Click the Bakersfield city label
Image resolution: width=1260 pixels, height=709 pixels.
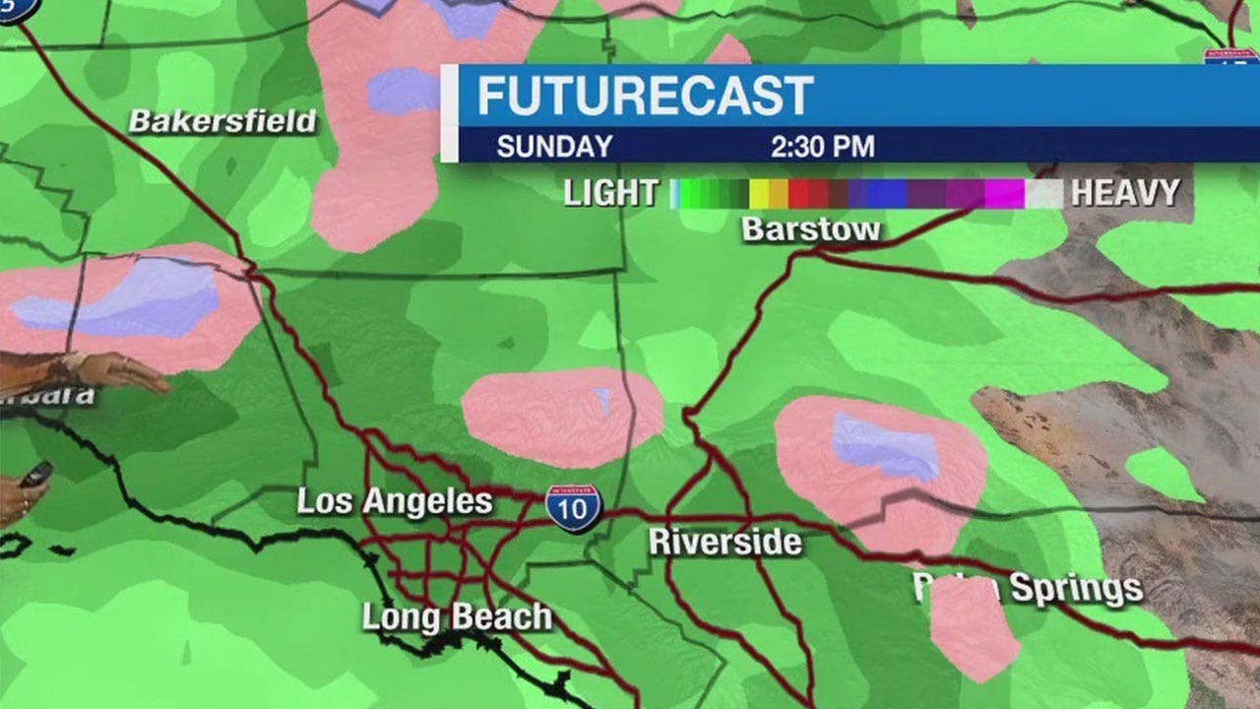click(223, 122)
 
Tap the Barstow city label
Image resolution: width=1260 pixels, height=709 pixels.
click(811, 229)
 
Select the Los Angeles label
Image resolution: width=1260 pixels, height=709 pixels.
click(395, 501)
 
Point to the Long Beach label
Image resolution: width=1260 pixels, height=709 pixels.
click(457, 617)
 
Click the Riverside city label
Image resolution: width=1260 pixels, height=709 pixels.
click(725, 542)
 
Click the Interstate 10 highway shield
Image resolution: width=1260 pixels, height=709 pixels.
click(573, 507)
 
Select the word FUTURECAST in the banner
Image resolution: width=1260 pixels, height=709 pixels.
click(645, 97)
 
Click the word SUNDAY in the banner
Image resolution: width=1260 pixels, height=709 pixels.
click(554, 148)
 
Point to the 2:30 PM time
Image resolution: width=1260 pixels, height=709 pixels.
click(823, 148)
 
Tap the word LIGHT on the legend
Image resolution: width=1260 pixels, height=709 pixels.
click(610, 193)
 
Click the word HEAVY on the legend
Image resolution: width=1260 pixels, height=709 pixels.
click(1125, 193)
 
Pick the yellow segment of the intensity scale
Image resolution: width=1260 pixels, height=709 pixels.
click(759, 193)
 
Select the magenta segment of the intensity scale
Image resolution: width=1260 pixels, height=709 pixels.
click(1004, 193)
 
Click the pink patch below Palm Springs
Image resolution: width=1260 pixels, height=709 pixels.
click(973, 630)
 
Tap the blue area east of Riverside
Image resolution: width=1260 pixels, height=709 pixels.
click(886, 445)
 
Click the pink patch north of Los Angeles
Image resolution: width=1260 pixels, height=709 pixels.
click(561, 416)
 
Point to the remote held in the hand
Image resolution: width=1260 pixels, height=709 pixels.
click(35, 475)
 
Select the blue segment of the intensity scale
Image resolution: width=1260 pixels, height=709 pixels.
click(886, 193)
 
